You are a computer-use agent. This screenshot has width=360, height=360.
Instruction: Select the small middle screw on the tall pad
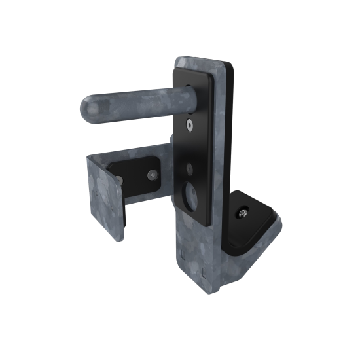(x=190, y=168)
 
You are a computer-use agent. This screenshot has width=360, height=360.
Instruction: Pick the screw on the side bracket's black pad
(x=152, y=174)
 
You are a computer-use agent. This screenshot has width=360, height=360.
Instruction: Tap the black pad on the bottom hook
(x=252, y=219)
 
